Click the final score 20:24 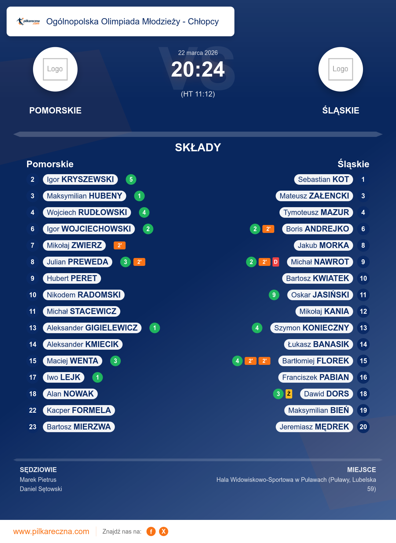pos(198,70)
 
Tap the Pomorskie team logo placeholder pos(55,69)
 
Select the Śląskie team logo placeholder pos(341,69)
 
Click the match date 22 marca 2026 pos(198,53)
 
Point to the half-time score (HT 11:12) pos(198,94)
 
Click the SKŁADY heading pos(198,147)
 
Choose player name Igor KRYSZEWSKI pos(80,179)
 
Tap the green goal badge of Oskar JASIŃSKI pos(274,295)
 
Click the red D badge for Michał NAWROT pos(276,262)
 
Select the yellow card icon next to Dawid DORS pos(289,394)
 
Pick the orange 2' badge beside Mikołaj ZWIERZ pos(119,245)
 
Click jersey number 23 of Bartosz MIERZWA pos(33,427)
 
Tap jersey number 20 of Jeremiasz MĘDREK pos(363,427)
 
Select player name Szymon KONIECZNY pos(311,328)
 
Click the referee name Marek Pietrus pos(38,480)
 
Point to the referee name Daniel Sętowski pos(41,489)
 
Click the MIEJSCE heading pos(361,470)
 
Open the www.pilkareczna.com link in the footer pos(51,531)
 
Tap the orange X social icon pos(163,531)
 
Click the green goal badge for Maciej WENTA pos(115,361)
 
